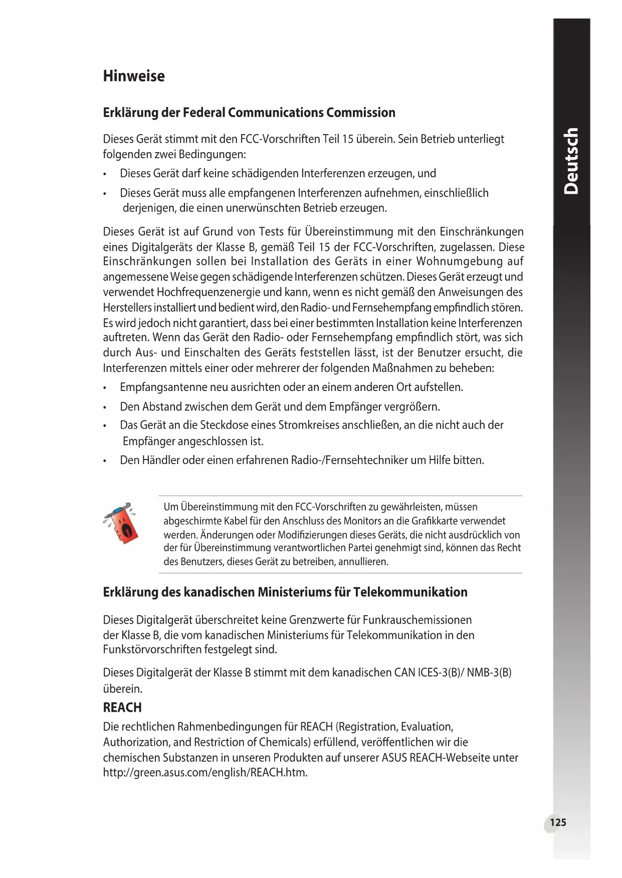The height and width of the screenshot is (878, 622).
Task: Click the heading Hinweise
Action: (134, 76)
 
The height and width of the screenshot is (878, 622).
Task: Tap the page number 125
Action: (558, 822)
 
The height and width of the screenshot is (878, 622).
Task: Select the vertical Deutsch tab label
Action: (571, 161)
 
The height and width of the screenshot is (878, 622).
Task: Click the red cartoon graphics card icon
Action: (121, 523)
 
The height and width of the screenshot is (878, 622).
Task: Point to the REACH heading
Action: (122, 707)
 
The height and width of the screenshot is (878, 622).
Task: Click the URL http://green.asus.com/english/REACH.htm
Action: (205, 772)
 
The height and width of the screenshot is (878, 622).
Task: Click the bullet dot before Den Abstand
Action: (104, 407)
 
